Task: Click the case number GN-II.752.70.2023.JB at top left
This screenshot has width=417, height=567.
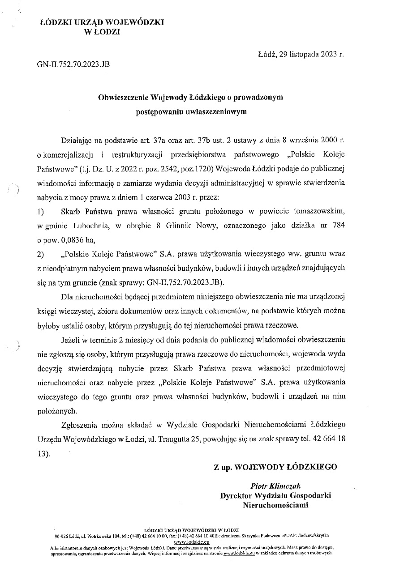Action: (x=73, y=64)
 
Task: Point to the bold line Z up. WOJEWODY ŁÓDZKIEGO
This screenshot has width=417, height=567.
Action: (x=275, y=467)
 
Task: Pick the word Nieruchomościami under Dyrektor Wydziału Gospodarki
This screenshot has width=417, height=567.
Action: (x=275, y=505)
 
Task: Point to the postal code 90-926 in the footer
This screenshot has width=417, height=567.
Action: (x=62, y=535)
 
